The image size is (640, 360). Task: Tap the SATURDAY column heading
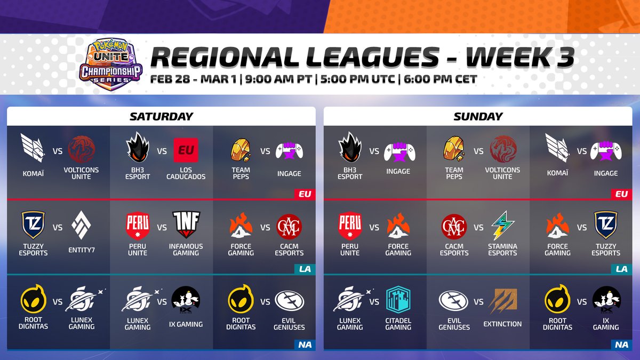coord(161,116)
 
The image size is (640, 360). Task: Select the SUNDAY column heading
coord(478,116)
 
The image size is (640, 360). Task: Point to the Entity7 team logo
coord(82,226)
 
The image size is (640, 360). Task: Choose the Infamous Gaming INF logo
coord(186,225)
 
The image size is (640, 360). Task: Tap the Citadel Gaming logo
coord(398,300)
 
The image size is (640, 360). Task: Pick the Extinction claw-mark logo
coord(502,300)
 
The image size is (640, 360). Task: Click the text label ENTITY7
coord(82,250)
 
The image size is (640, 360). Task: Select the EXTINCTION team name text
coord(502,324)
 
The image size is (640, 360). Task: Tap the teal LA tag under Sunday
coord(621,269)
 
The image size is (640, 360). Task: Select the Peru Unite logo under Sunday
coord(350,225)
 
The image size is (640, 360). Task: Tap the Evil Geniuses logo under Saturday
coord(289,300)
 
